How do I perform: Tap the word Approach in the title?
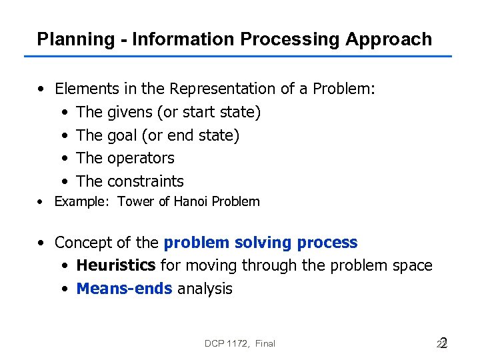389,39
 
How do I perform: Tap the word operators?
141,158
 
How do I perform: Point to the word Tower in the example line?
135,201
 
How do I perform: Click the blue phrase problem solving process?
261,243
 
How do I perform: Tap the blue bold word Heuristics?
116,265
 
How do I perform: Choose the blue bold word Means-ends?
124,289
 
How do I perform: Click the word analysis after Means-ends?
205,289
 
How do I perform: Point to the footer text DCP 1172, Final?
240,343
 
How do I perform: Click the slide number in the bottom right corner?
441,343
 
